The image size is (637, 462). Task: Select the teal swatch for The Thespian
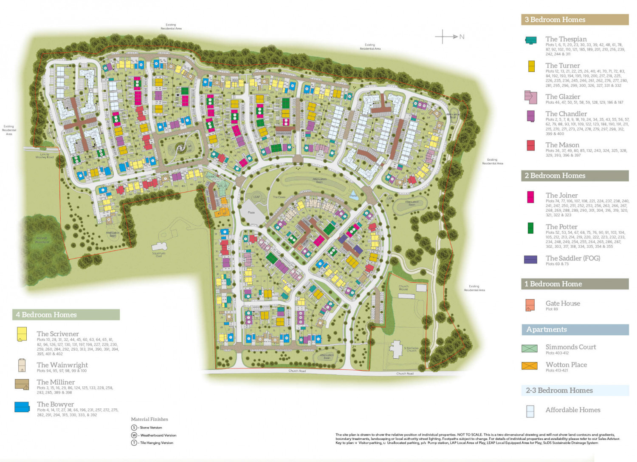531,40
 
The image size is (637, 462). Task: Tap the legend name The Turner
562,65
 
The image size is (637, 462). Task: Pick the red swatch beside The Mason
530,145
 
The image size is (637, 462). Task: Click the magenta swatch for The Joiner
530,197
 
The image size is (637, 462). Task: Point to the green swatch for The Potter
530,228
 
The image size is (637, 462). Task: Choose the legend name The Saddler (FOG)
572,258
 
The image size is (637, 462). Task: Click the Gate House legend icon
530,305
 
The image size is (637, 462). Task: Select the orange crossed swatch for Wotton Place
530,366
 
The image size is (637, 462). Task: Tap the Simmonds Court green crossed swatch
530,349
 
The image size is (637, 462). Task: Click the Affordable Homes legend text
572,410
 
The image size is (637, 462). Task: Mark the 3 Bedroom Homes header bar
575,20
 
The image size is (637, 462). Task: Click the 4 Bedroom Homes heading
47,315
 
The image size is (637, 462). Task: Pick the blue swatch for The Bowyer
22,407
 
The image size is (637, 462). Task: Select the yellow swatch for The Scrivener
22,334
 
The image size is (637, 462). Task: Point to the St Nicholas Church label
411,349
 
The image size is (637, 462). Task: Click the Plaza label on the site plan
251,213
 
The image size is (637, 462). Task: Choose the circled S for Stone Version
134,428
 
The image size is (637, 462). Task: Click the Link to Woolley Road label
45,156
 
